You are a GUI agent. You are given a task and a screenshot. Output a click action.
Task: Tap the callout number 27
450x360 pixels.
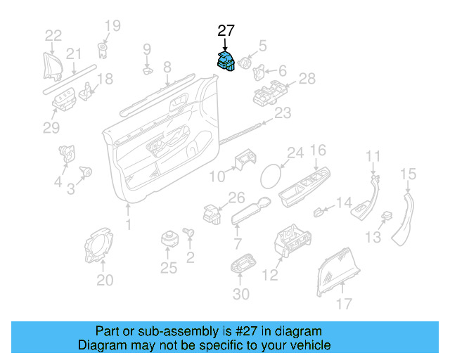click(x=226, y=30)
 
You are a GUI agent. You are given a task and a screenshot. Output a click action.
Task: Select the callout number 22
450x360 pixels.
click(x=53, y=36)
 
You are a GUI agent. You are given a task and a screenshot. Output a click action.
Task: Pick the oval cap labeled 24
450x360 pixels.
click(x=273, y=174)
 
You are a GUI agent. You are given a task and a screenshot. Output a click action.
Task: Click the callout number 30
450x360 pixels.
click(x=240, y=295)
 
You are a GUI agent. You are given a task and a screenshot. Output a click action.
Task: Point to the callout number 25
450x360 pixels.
click(x=167, y=267)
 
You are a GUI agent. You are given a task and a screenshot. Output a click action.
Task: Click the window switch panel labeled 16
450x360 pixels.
click(x=304, y=186)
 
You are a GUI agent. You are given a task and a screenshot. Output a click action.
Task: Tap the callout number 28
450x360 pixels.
click(x=307, y=79)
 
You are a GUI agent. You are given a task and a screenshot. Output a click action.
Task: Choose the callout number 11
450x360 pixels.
click(x=373, y=156)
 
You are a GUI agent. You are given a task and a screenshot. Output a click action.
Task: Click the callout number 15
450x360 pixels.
click(x=409, y=174)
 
